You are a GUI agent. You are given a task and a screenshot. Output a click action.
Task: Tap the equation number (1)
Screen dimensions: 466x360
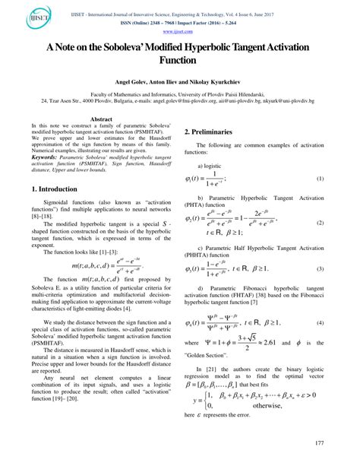pos(320,199)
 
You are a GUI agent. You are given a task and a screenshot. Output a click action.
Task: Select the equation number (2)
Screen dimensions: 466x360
pos(320,245)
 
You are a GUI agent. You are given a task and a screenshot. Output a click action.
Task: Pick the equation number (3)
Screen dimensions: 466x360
pos(320,290)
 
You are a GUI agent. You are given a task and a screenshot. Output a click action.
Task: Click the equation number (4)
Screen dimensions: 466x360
pos(320,345)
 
